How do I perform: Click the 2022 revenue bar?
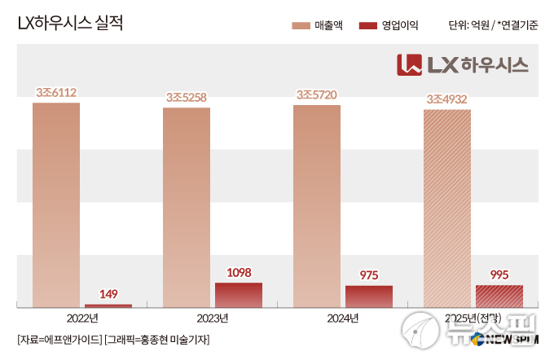[56, 204]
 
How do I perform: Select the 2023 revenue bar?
[187, 207]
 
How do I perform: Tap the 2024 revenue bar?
[317, 206]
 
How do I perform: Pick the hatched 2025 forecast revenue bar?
[447, 208]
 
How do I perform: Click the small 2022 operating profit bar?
[108, 305]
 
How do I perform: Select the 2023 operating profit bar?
[239, 295]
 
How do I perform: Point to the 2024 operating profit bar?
[369, 296]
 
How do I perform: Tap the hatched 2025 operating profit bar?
[499, 296]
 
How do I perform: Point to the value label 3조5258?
[187, 99]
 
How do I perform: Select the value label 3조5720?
[317, 96]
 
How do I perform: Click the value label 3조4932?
[447, 100]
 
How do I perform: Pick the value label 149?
[108, 294]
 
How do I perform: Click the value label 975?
[369, 276]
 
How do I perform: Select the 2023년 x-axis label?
[213, 318]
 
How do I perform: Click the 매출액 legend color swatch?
[301, 26]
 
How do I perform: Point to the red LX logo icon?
[409, 64]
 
